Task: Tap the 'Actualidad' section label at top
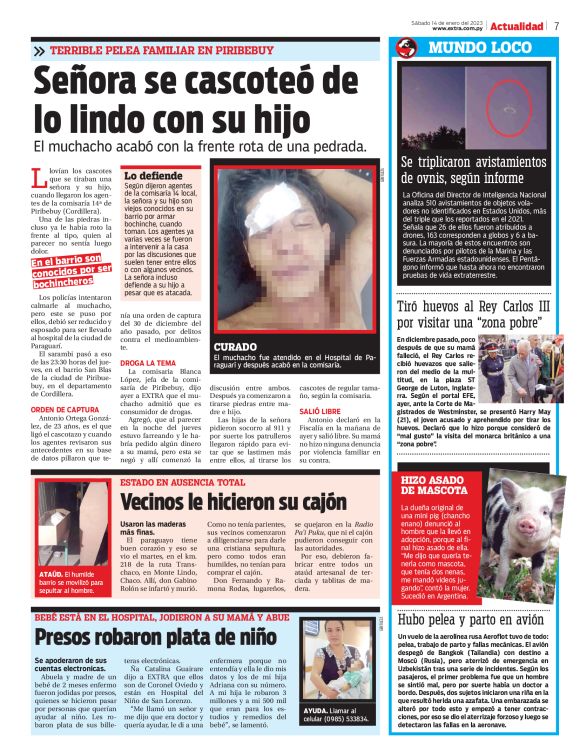[516, 25]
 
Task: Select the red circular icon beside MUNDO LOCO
[406, 48]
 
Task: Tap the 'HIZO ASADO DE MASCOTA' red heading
[437, 485]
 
